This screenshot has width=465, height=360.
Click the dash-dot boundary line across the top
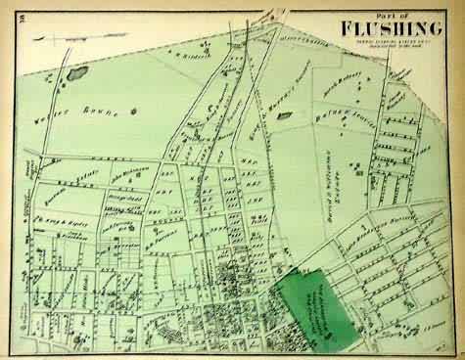click(196, 63)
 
